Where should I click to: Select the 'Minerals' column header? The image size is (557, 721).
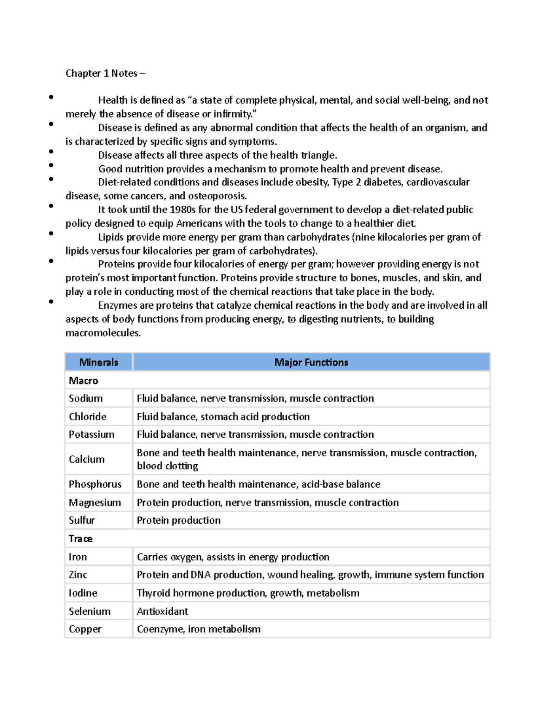[x=98, y=362]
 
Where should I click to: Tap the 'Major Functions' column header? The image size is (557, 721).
[x=311, y=362]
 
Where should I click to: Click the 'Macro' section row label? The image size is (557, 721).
[x=84, y=381]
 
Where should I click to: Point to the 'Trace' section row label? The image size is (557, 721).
[x=81, y=539]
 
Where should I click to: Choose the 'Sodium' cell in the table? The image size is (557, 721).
[x=86, y=398]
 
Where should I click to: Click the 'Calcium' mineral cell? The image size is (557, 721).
[x=87, y=459]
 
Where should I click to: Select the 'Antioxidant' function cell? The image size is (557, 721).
[x=162, y=611]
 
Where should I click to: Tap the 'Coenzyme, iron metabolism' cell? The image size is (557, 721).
[x=199, y=629]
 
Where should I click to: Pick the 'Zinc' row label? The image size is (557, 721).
[x=78, y=575]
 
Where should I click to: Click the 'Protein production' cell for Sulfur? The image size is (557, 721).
[x=179, y=520]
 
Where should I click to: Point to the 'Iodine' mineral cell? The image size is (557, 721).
[x=83, y=593]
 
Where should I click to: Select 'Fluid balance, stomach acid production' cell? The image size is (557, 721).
[x=223, y=416]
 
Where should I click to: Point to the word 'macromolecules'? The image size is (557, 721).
[x=103, y=333]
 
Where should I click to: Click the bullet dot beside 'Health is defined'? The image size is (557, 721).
[x=51, y=97]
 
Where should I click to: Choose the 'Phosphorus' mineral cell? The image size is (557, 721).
[x=95, y=484]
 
